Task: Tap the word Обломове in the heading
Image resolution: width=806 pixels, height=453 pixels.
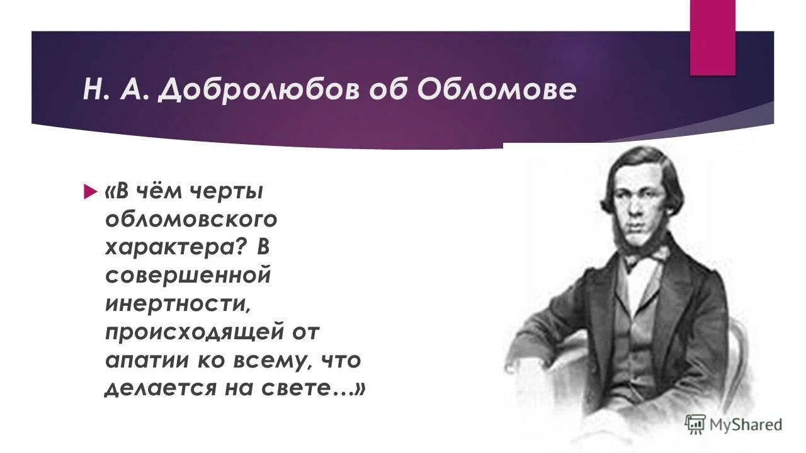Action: click(x=496, y=90)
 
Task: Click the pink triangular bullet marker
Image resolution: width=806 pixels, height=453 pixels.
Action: click(x=88, y=190)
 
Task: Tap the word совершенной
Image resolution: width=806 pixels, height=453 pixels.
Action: click(x=187, y=276)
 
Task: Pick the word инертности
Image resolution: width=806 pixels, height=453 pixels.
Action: click(x=178, y=304)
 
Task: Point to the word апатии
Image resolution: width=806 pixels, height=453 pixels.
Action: click(x=140, y=360)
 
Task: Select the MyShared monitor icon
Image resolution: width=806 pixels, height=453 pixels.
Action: click(x=695, y=423)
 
